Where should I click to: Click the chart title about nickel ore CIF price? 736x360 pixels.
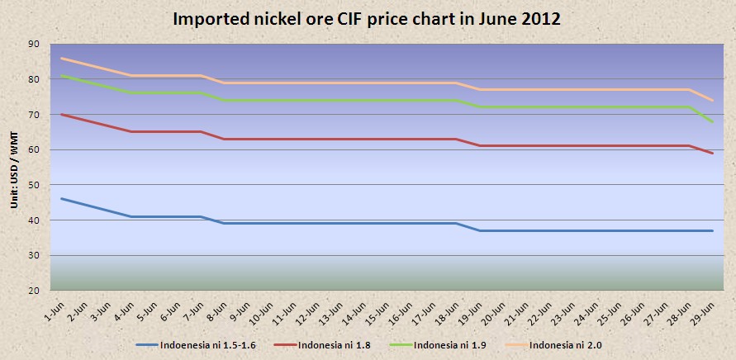click(367, 19)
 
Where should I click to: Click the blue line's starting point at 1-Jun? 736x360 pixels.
click(62, 199)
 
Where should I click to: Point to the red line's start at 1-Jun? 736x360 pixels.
click(62, 114)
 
